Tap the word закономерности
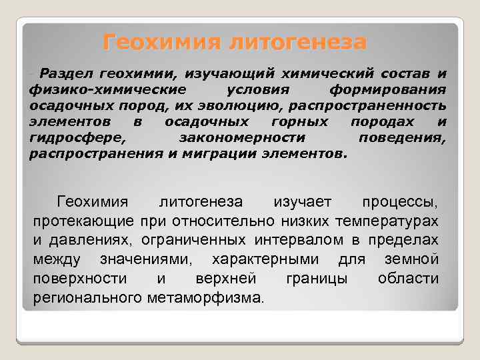[x=243, y=137]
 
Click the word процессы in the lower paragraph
[x=400, y=201]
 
